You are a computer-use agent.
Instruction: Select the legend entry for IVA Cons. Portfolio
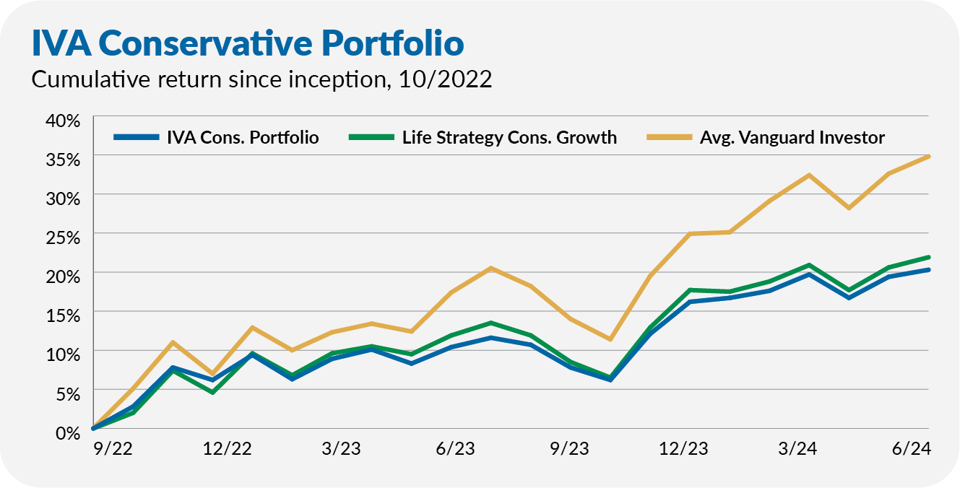pos(239,137)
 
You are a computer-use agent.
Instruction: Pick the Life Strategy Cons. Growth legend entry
pos(509,137)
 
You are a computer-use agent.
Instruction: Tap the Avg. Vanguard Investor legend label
pos(792,137)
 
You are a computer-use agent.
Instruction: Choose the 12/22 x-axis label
pos(228,448)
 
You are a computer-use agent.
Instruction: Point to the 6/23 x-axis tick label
pos(455,448)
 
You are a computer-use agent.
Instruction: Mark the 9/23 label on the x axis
pos(569,448)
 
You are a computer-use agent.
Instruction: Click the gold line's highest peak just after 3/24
pos(809,175)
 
